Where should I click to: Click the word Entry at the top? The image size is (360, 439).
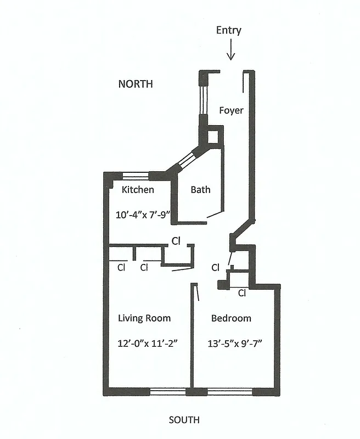(228, 31)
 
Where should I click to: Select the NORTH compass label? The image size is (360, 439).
(136, 84)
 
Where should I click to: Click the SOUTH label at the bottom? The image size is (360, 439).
(184, 420)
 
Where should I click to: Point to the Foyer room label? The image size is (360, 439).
(231, 110)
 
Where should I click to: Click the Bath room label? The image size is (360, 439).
(200, 190)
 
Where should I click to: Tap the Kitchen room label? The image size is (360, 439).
(138, 190)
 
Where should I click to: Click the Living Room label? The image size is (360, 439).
(144, 318)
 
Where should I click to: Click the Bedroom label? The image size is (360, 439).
(231, 318)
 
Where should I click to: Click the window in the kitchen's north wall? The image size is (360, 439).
(135, 176)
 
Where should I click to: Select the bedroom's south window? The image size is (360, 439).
(229, 392)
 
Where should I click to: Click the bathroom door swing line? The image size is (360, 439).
(215, 215)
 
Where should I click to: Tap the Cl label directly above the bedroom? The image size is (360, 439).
(242, 293)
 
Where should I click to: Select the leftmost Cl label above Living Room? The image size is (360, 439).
(121, 268)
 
